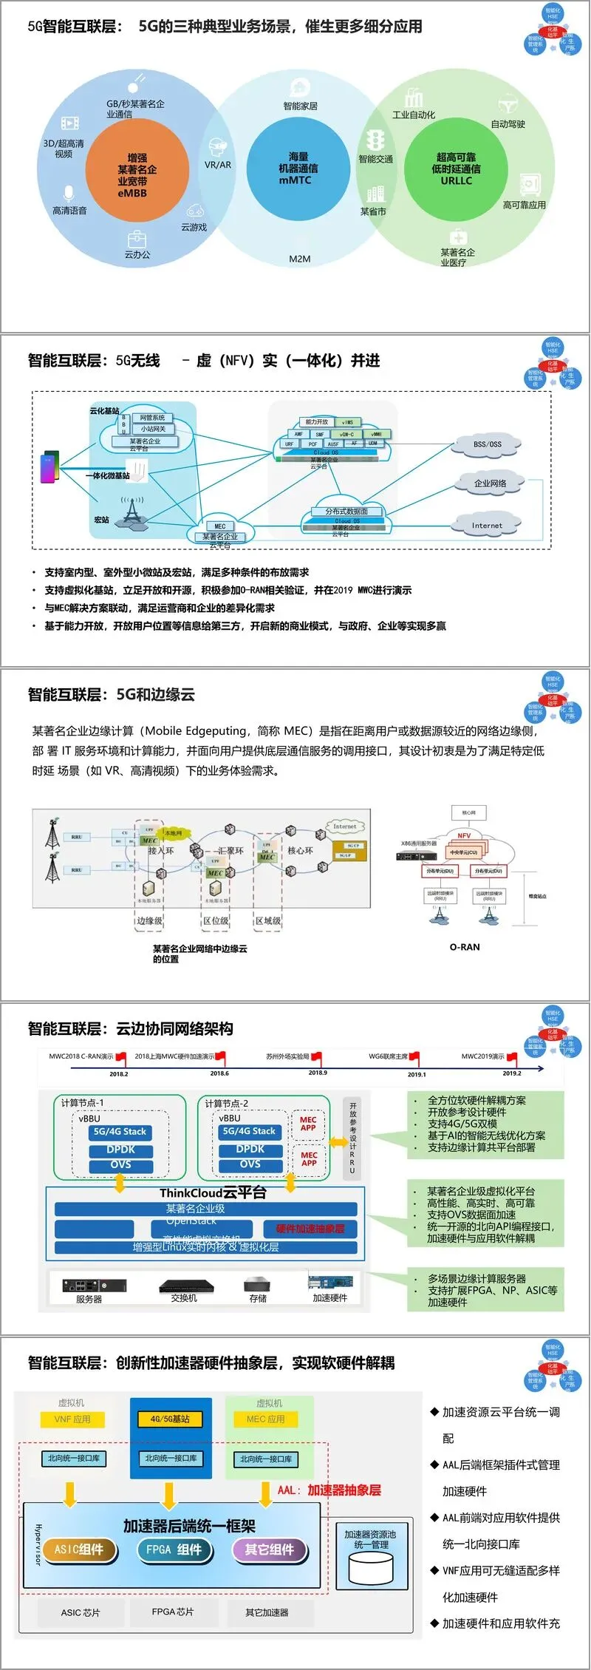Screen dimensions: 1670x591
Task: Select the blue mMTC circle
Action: (x=295, y=169)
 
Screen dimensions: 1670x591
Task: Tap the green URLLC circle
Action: (x=455, y=169)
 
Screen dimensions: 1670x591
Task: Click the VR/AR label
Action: (x=217, y=165)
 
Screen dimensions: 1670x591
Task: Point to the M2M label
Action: (x=300, y=259)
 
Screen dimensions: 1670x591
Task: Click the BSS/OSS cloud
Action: (x=487, y=445)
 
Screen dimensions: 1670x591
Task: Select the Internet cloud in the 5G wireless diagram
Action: (x=487, y=526)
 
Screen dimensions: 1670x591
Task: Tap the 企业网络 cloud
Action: (x=489, y=483)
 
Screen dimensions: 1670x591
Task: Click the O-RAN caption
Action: (x=465, y=947)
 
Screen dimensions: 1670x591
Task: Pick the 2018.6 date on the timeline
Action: (x=219, y=1073)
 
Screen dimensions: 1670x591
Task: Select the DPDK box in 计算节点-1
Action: (x=120, y=1150)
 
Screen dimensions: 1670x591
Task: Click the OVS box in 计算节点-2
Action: (x=250, y=1164)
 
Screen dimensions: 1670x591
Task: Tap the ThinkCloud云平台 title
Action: (x=213, y=1192)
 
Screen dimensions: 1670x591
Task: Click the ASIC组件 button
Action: (x=79, y=1549)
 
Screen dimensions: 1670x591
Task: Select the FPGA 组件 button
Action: (x=174, y=1549)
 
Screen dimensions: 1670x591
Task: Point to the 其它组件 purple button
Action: (x=269, y=1549)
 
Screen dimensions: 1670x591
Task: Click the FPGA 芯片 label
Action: (x=173, y=1612)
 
